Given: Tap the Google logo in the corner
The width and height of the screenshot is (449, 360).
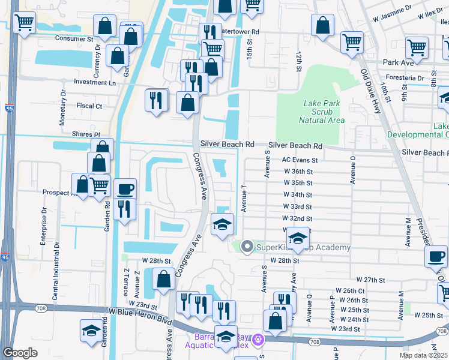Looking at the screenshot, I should point(20,353).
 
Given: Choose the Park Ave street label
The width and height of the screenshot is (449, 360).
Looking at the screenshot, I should point(399,62).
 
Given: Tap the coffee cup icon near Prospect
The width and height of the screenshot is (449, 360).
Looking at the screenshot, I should point(125,189).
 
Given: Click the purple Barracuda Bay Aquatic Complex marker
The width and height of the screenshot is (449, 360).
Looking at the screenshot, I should point(259,340).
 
